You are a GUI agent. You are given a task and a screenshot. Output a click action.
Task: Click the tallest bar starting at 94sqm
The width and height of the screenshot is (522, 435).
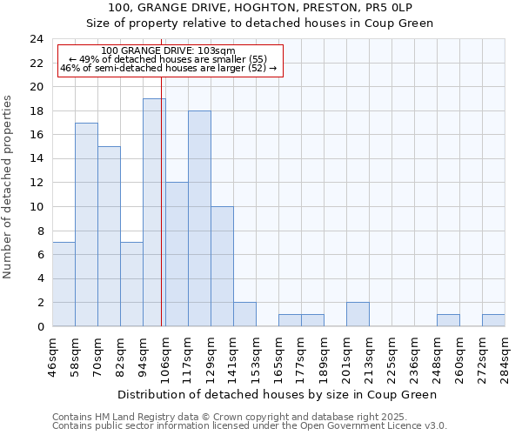coord(154,212)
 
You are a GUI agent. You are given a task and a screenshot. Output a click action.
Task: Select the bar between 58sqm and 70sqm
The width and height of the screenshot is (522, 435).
coord(86,224)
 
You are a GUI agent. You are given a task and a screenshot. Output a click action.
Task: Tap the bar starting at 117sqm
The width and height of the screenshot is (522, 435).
coord(199,218)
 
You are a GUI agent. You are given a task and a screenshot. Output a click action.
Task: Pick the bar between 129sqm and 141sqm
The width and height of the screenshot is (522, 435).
coord(222,266)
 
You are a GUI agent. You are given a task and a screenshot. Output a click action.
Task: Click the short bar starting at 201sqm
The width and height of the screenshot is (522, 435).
coord(358,314)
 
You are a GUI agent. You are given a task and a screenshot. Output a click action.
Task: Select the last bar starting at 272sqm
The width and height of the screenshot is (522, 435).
coord(493,320)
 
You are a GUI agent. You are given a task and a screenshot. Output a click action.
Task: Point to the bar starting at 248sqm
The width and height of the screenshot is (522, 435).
coord(448,320)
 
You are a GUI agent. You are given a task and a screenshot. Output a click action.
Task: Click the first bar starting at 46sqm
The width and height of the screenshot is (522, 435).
coord(64,284)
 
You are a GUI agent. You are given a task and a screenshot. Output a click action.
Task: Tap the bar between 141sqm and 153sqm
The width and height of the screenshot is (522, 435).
coord(244,314)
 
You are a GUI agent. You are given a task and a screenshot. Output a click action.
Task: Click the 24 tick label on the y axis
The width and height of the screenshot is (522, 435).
coord(36,39)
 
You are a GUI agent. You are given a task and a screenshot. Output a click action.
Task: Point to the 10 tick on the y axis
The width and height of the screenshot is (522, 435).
coord(36,207)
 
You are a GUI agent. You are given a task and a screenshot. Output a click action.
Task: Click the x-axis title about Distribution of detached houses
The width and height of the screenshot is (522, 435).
coord(278,394)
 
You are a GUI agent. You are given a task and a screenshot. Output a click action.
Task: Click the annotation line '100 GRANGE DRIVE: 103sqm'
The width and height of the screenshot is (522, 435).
coord(168,50)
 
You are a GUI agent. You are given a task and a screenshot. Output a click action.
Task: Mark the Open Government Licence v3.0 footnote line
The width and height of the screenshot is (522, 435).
coord(250,426)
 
